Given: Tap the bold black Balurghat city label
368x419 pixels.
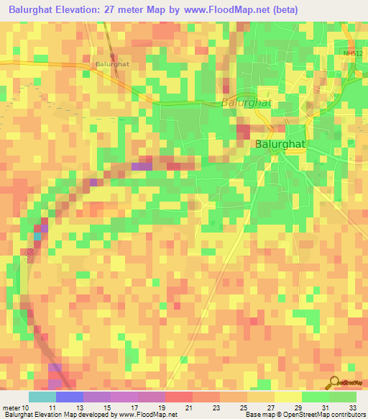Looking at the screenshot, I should coord(282,144).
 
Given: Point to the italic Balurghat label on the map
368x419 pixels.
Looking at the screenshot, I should coord(246,102).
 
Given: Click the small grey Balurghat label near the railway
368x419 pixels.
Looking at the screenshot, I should coord(112,63).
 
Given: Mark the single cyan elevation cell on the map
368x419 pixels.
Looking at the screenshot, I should coord(37,235).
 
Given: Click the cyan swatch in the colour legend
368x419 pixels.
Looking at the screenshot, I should coord(42,397).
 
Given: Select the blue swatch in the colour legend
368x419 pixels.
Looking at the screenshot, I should coord(70,397).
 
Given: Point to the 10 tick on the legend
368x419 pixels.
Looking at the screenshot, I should coord(25,407).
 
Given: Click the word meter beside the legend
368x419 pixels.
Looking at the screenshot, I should coord(10,407).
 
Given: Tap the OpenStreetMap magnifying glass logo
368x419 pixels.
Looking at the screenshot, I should coord(333,382).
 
